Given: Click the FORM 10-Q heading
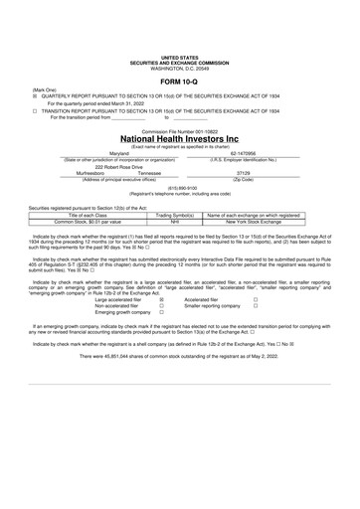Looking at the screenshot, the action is tap(180, 53).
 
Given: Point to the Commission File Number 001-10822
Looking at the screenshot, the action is tap(180, 129).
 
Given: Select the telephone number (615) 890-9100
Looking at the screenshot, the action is tap(179, 188).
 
